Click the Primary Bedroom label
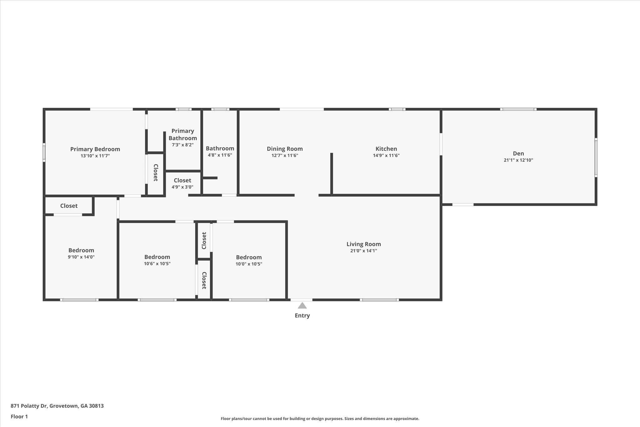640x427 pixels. pos(95,149)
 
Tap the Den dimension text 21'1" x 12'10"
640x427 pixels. pos(518,160)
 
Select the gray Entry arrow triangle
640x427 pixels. pos(302,305)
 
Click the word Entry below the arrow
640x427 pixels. pos(302,316)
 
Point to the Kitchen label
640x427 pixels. pos(386,149)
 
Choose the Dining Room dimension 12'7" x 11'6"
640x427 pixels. pos(285,155)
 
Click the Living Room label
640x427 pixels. pos(364,244)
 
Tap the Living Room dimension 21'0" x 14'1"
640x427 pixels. pos(364,251)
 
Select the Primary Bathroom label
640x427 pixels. pos(183,135)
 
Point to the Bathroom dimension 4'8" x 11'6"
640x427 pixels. pos(220,155)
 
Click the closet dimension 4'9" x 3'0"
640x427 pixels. pos(182,187)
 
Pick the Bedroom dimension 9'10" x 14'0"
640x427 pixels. pos(81,257)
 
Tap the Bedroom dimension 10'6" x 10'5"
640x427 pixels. pos(157,264)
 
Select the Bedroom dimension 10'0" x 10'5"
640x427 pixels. pos(249,264)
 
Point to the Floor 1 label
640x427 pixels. pos(19,417)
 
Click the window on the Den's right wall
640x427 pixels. pos(596,158)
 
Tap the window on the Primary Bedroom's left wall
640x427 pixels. pos(44,152)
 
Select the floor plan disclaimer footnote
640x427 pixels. pos(320,419)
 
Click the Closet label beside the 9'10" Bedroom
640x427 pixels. pos(69,206)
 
